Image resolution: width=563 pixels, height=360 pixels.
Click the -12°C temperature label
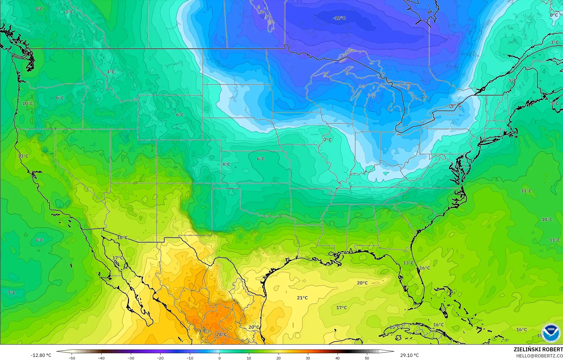[339, 18]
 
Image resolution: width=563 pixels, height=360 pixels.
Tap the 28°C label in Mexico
[221, 334]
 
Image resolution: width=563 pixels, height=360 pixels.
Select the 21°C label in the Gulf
[302, 298]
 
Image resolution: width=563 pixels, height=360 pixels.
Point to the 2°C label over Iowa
[328, 140]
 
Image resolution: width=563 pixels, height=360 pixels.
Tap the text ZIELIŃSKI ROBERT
[538, 349]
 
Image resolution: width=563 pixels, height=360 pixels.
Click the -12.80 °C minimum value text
[41, 355]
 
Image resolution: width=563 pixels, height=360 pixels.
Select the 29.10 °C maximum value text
[409, 355]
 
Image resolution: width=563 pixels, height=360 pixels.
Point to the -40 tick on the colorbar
[102, 358]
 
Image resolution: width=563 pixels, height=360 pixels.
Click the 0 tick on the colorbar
[220, 358]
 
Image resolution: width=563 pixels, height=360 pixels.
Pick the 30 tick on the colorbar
[308, 358]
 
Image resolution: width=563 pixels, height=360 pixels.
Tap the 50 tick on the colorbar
[367, 358]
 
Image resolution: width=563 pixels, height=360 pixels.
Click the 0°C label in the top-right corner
[554, 15]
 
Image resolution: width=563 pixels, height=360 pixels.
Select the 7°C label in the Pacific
[11, 293]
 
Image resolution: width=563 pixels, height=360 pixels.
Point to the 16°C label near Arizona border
[122, 237]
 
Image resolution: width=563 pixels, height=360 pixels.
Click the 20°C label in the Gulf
[362, 283]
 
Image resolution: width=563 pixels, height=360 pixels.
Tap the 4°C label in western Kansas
[226, 164]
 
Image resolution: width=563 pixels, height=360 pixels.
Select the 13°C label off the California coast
[23, 156]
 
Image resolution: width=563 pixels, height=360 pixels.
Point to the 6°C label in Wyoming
[180, 115]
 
